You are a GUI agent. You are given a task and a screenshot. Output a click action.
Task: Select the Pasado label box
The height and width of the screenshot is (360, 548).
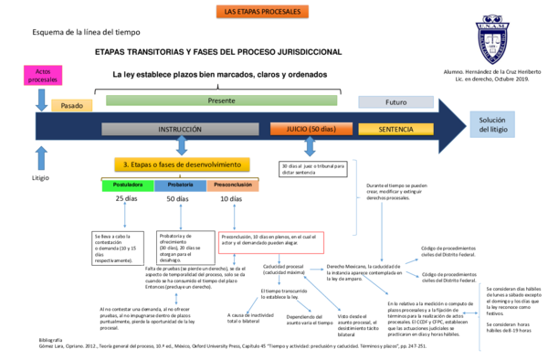pos(71,105)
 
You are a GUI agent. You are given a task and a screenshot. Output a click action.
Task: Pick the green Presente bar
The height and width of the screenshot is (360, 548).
pos(221,100)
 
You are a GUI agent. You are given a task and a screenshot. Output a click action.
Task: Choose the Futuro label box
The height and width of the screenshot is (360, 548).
pos(395,102)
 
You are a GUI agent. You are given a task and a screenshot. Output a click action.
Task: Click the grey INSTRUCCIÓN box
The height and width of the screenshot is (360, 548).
pos(180,130)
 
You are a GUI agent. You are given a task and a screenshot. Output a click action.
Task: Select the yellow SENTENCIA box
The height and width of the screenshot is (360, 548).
pos(395,130)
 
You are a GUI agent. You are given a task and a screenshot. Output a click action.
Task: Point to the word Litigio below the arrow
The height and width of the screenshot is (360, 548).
pos(40,177)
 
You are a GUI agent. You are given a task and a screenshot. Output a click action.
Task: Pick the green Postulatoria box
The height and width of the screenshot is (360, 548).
pos(127,185)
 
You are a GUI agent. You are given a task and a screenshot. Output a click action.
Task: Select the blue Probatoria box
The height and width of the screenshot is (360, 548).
pos(180,185)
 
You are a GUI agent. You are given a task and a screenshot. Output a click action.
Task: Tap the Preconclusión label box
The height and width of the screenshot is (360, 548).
pos(234,185)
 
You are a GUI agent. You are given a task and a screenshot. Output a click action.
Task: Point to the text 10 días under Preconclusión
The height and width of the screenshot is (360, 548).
pos(231,199)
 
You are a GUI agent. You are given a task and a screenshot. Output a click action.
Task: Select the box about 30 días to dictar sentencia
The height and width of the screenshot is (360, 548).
pos(313,169)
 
